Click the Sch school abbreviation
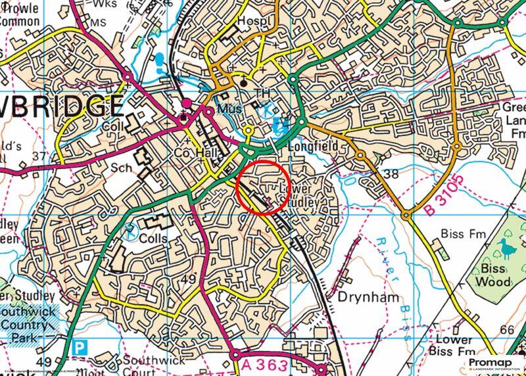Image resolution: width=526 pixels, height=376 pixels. click(x=122, y=168)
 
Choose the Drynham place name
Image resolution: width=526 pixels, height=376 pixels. click(x=368, y=297)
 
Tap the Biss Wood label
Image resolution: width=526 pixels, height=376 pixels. click(x=492, y=275)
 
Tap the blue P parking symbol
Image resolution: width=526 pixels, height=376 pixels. click(x=80, y=346)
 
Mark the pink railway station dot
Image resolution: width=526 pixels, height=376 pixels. click(x=187, y=104)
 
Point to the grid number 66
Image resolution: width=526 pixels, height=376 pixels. click(x=506, y=329)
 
